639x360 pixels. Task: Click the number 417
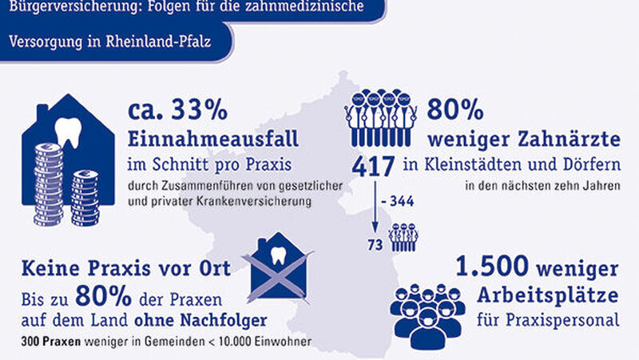click(x=374, y=166)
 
